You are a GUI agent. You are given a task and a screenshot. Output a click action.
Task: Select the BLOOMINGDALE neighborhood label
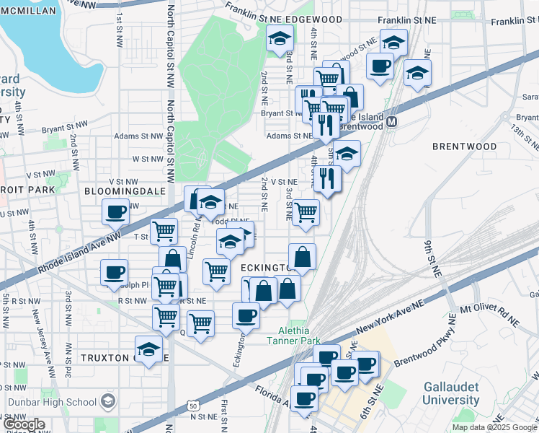pos(120,191)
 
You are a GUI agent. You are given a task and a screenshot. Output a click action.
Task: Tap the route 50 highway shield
pos(193,407)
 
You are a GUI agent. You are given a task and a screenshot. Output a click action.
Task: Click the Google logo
pos(23,425)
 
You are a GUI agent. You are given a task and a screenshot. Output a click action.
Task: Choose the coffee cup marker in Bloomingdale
pos(115,211)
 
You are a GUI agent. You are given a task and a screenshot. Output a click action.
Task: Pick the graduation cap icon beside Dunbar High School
pos(107,401)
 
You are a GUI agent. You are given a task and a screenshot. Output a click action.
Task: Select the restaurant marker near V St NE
pos(327,177)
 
